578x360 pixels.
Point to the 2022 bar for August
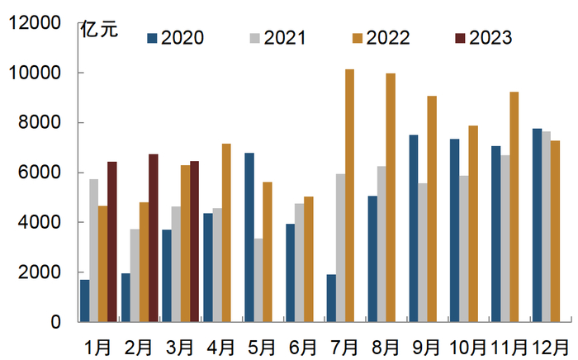[391, 197]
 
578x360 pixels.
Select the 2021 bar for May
[258, 280]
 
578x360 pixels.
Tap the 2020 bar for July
[331, 298]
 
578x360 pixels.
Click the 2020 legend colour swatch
[153, 37]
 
